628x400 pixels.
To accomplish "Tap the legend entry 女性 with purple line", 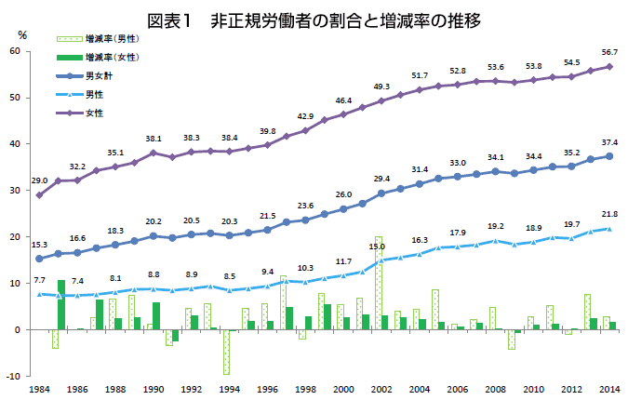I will coord(94,113).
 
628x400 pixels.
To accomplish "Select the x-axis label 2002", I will coord(381,390).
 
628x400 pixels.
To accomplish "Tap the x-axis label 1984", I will coord(40,390).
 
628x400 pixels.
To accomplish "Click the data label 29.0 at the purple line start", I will coord(39,180).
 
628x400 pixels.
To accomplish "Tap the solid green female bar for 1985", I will coord(61,304).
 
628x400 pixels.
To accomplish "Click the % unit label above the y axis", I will coord(22,34).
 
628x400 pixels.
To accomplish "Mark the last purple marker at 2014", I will coord(609,66).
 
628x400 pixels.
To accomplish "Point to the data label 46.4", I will coord(343,100).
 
